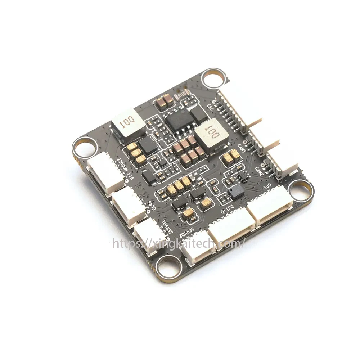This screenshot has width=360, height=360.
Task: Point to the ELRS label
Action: point(148,206)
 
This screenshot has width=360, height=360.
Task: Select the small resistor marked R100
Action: point(180,96)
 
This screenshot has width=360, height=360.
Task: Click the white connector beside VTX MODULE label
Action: point(104,173)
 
